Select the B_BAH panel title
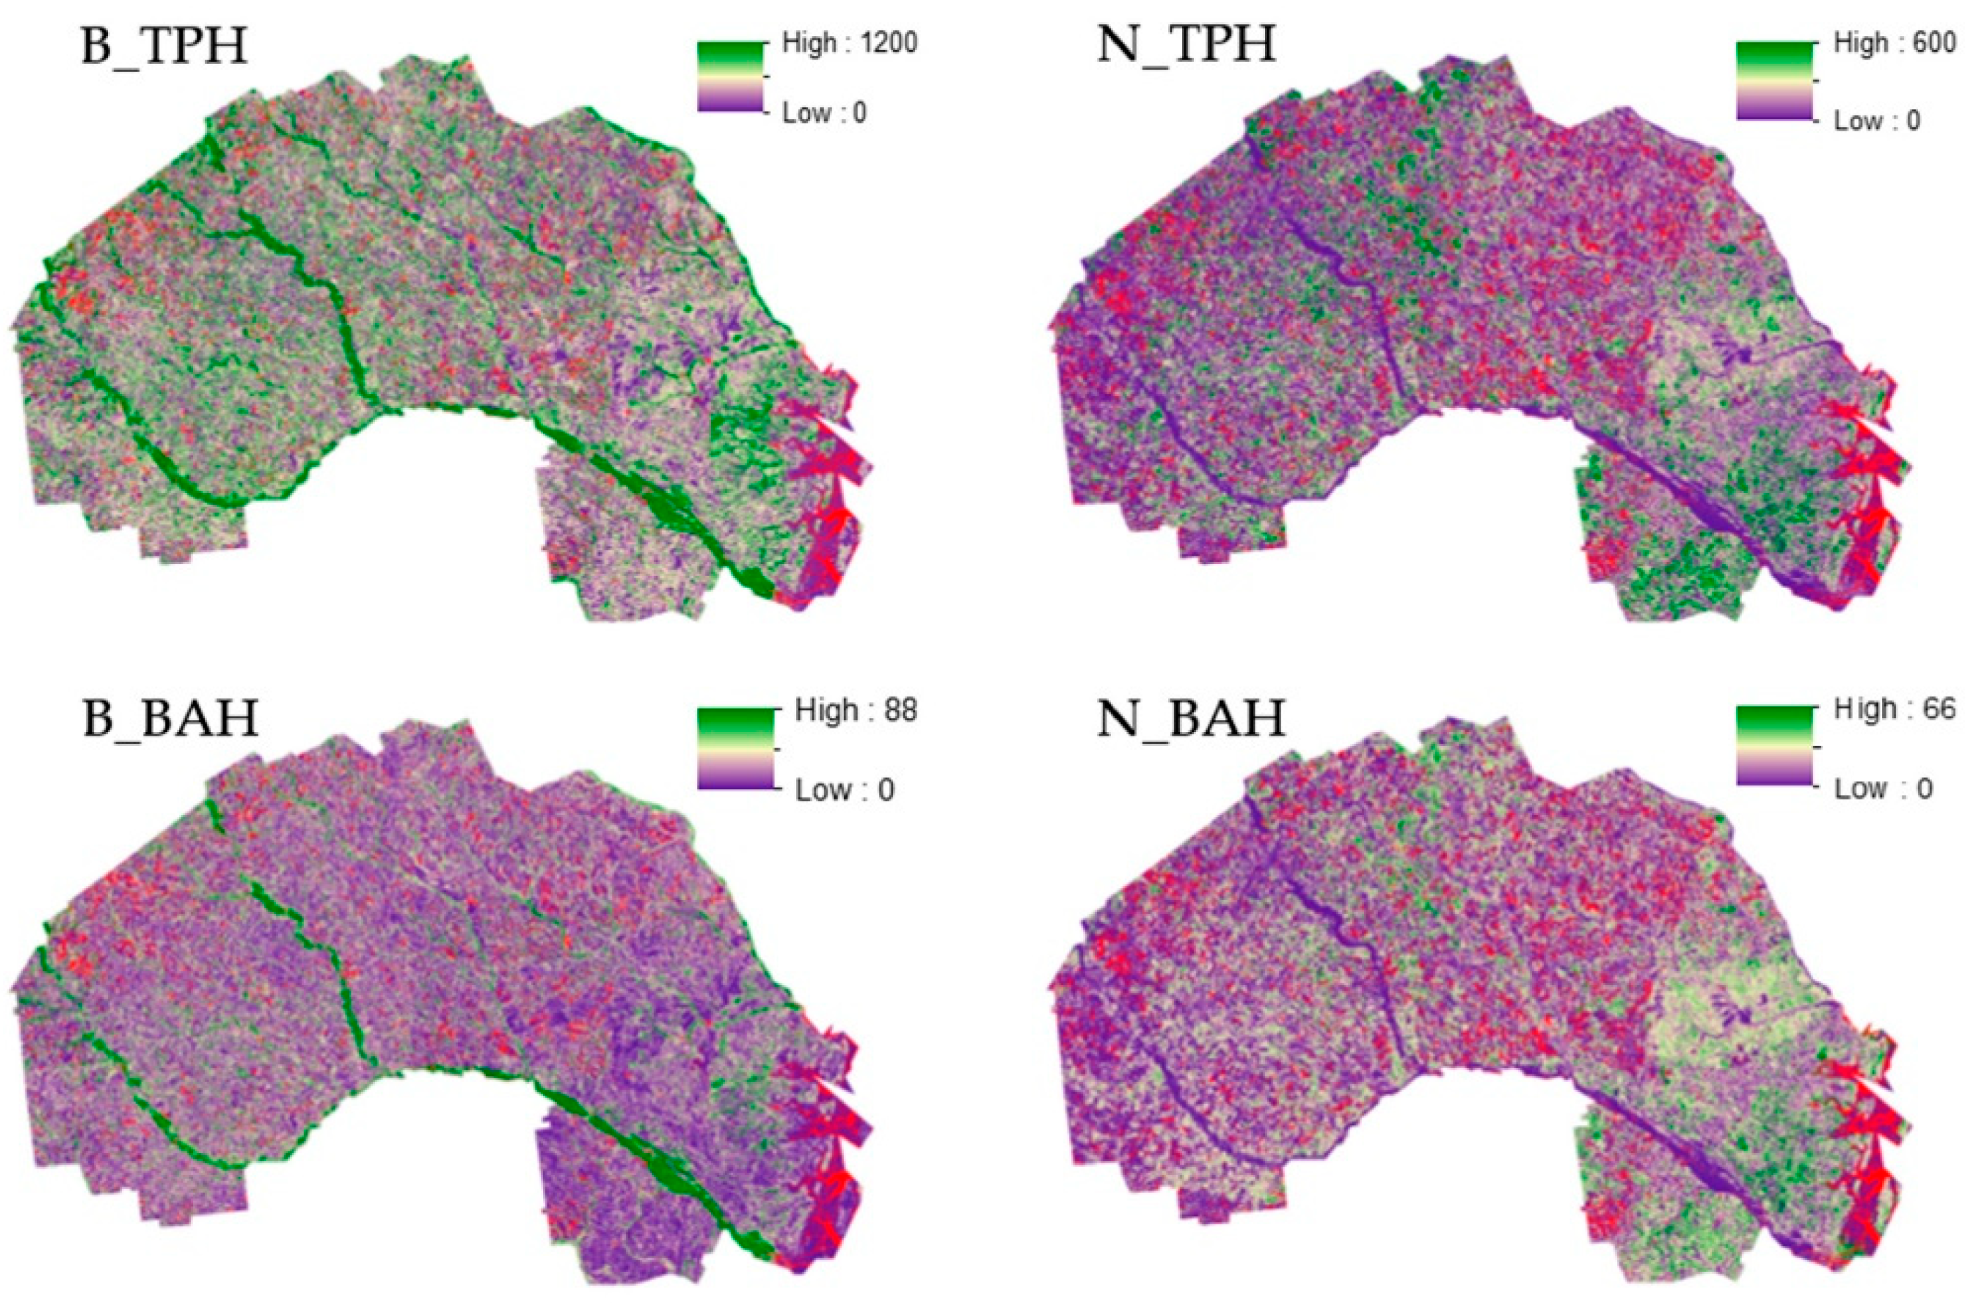click(170, 717)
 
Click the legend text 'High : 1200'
click(849, 43)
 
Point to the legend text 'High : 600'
click(1894, 43)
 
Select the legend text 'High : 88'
click(856, 710)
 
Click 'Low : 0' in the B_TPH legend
click(824, 113)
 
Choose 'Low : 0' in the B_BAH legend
click(844, 789)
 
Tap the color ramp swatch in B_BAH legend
click(735, 749)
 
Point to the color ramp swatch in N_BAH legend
click(1775, 746)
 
